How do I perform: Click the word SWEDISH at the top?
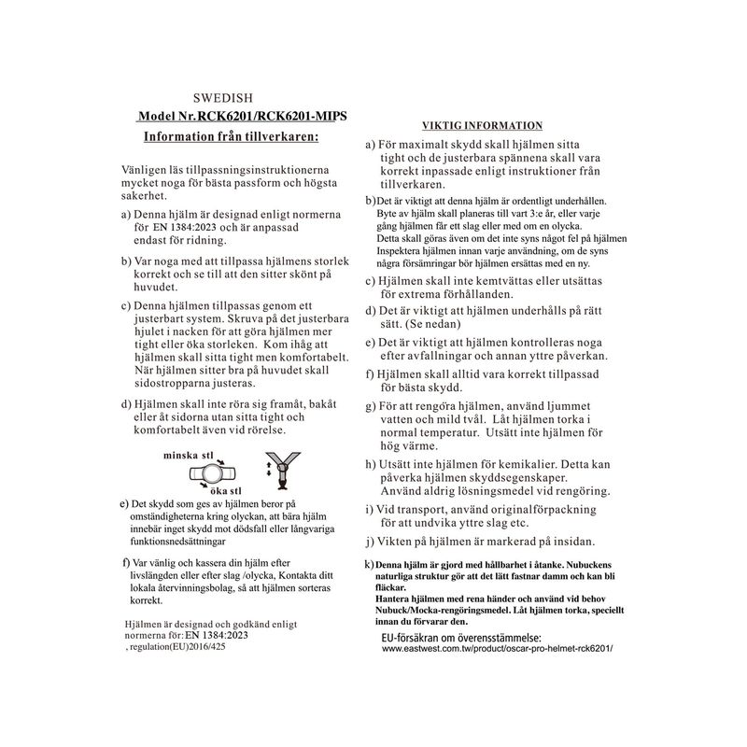coord(220,97)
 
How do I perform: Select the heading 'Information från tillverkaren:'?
coord(231,136)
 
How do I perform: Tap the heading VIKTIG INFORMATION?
coord(483,124)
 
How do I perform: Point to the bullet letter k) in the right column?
coord(369,566)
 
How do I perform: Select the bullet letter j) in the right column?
coord(370,541)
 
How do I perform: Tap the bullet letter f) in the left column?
coord(126,565)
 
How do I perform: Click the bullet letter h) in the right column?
coord(370,464)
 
